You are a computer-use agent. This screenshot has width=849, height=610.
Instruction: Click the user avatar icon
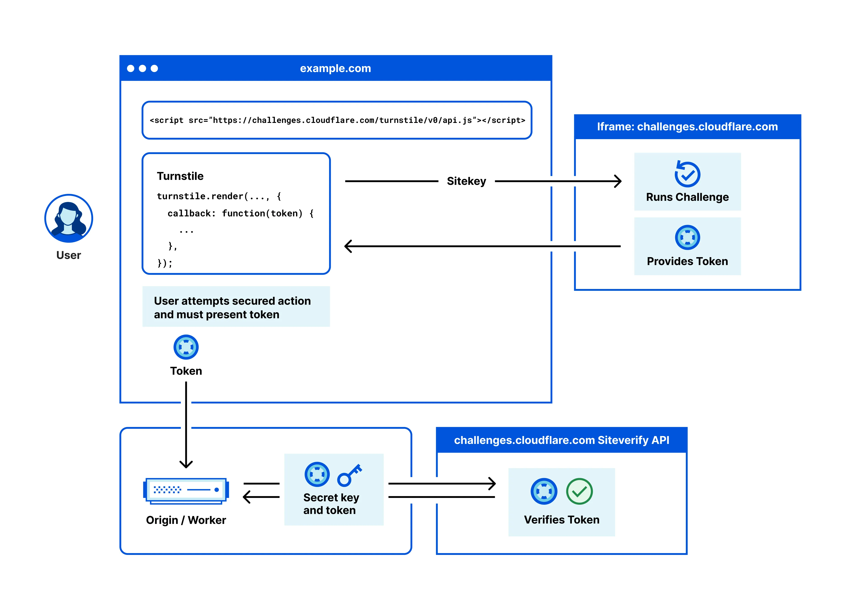click(x=68, y=218)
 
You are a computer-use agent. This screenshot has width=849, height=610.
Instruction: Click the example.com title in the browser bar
click(x=335, y=68)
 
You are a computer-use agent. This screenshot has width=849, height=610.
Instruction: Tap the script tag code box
click(x=337, y=120)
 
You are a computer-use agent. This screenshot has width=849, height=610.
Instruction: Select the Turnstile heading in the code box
click(x=180, y=176)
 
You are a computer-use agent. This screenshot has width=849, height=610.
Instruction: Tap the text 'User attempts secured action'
click(x=232, y=301)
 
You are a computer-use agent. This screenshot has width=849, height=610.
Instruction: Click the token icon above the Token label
click(x=186, y=347)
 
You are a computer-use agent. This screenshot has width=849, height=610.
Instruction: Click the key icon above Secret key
click(x=350, y=475)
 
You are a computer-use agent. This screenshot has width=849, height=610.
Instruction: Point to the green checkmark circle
click(x=579, y=491)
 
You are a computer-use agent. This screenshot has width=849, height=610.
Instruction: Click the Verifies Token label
click(x=562, y=520)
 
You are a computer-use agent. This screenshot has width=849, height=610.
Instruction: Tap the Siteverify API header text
click(x=562, y=440)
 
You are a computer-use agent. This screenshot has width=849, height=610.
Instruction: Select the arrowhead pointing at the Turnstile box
click(x=348, y=246)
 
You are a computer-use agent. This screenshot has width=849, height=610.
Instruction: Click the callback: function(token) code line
click(x=240, y=213)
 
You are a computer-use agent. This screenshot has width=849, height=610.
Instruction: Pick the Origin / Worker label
click(x=186, y=520)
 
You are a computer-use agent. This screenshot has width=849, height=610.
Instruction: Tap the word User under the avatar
click(x=68, y=255)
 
